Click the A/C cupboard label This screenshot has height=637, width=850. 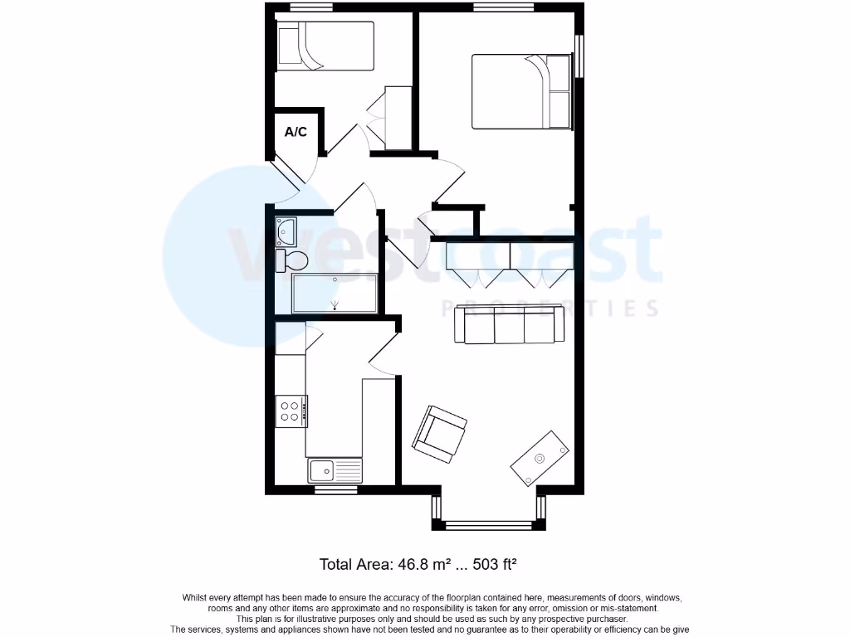pos(296,132)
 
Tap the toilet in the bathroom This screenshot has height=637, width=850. pos(292,260)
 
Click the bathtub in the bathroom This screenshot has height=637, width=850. pos(335,293)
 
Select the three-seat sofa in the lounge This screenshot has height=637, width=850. pos(510,325)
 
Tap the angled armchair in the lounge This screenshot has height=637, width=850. pos(440,433)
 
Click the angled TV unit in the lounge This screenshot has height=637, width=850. pos(540,458)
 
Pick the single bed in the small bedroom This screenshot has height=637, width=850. pos(325,46)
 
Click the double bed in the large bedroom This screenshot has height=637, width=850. pos(522,91)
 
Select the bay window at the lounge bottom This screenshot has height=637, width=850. pos(487,524)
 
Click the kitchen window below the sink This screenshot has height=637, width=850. pos(335,489)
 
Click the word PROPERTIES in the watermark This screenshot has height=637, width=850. pos(552,309)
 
